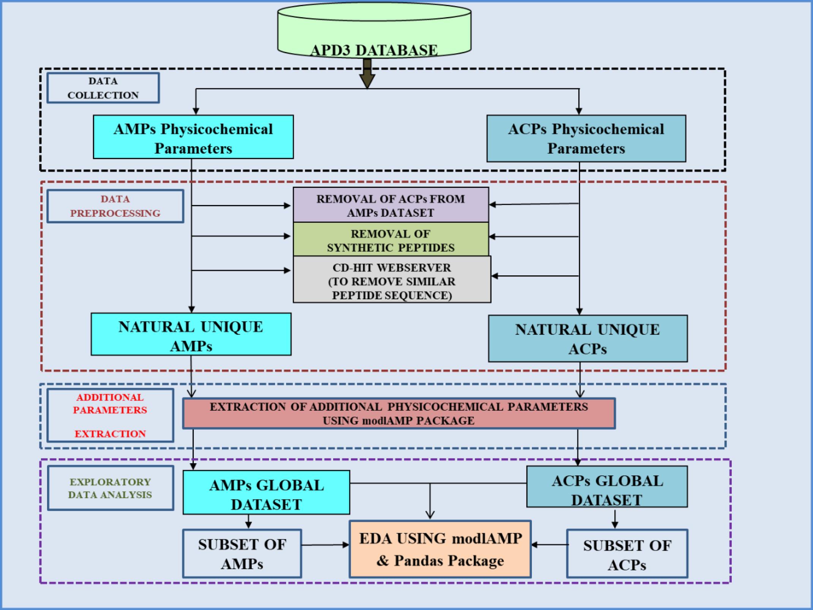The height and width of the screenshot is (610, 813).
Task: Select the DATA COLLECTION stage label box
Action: point(103,88)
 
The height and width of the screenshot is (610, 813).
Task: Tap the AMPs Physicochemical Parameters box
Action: point(193,137)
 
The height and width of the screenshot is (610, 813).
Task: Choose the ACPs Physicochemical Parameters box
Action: point(586,138)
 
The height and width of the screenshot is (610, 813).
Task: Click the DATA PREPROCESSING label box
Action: point(115,206)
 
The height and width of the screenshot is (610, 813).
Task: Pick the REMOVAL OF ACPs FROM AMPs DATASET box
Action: point(391,205)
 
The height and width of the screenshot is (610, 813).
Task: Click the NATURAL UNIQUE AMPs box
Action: point(191,334)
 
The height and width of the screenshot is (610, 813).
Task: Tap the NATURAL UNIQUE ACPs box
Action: point(588,338)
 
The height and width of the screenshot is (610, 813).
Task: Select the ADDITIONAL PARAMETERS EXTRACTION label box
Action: point(110,415)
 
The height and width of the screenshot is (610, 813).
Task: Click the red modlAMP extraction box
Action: point(399,413)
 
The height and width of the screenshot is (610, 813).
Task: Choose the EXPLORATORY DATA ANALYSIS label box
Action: point(110,488)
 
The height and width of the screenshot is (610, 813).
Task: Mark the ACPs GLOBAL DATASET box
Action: point(607,487)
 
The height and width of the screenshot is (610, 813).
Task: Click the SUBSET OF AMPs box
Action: point(242,553)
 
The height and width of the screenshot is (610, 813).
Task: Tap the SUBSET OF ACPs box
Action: point(627,553)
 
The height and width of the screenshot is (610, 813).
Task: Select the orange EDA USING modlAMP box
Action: point(440,549)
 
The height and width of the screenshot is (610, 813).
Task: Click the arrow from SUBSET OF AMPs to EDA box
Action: point(325,545)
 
